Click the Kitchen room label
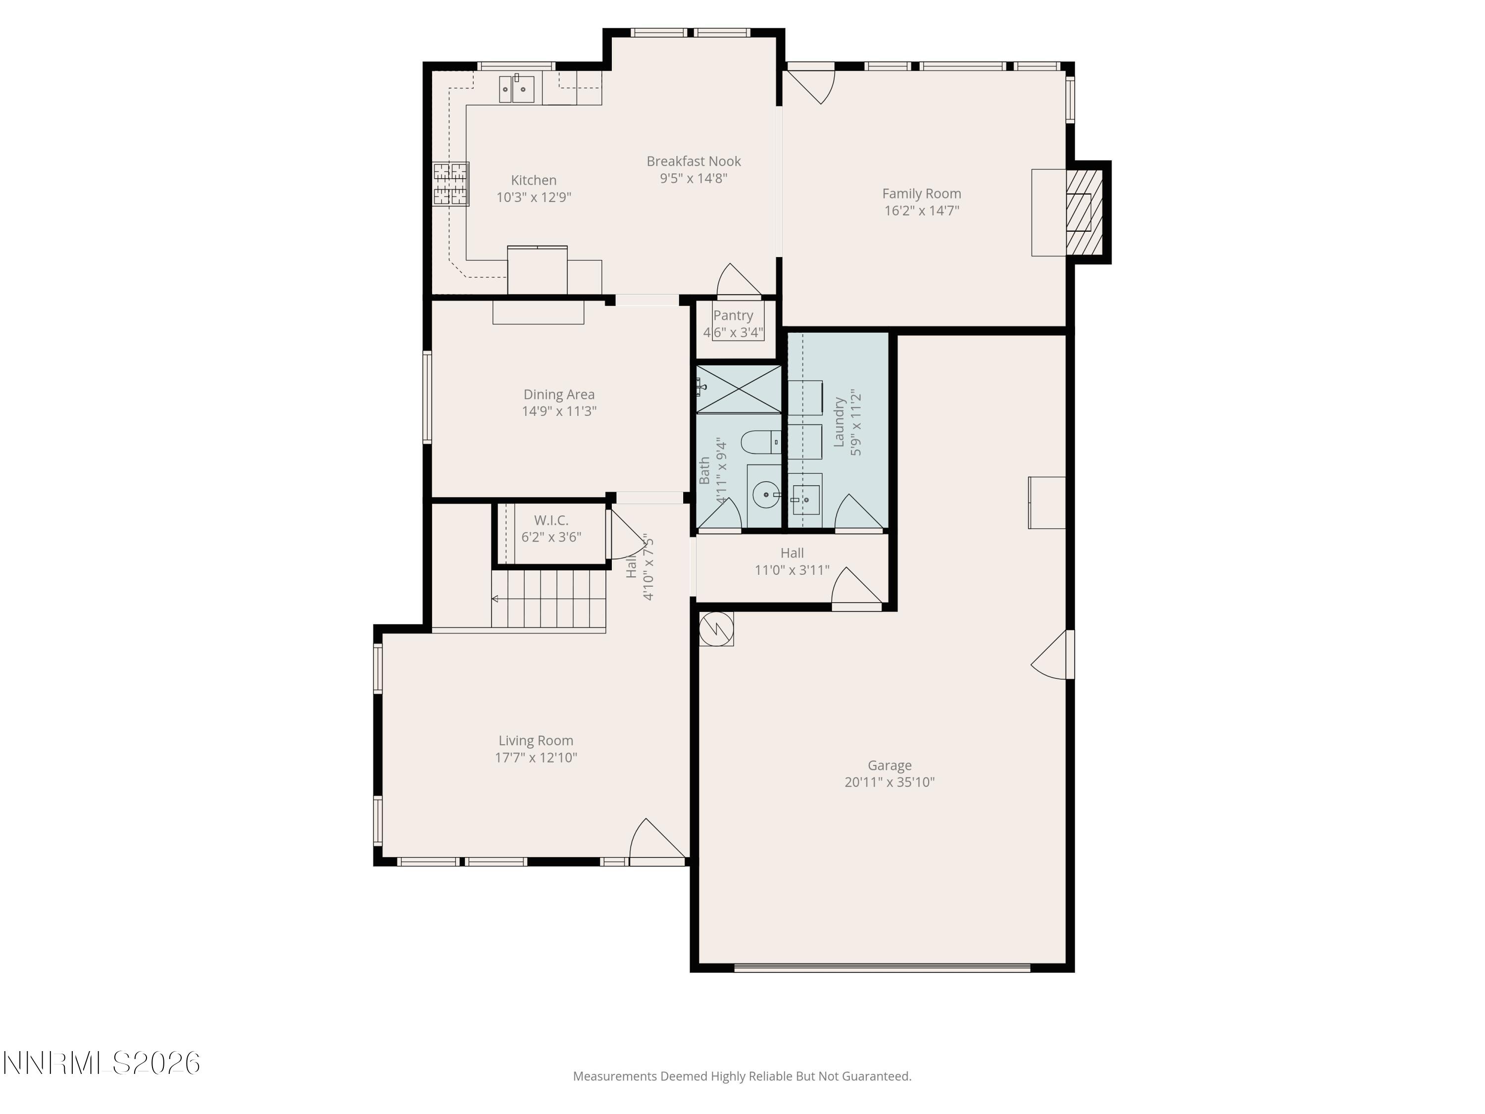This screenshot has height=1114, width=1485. (534, 180)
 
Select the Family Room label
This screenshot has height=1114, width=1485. (921, 194)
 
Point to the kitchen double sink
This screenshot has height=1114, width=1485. (516, 89)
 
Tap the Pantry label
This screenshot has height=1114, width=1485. (733, 315)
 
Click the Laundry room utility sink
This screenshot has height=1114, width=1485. (805, 500)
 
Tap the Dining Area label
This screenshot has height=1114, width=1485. (558, 395)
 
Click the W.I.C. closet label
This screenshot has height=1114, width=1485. (551, 520)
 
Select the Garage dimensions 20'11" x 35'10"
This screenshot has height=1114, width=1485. (889, 782)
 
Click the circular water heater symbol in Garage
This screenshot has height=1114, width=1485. (716, 628)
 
